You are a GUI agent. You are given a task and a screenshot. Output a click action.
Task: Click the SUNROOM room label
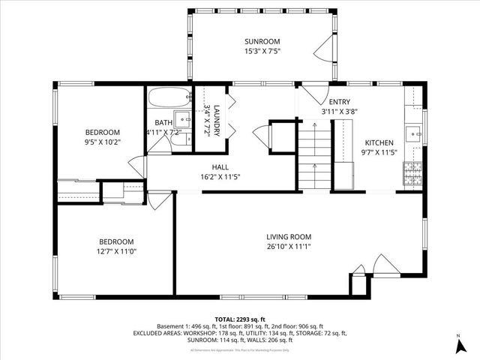click(262, 40)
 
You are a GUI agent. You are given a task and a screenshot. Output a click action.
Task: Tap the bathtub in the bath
click(169, 98)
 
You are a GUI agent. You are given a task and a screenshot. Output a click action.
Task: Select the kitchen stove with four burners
click(412, 174)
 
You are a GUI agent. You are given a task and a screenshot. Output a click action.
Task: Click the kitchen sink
click(413, 134)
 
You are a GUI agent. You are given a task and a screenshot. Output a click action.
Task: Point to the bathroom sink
click(182, 118)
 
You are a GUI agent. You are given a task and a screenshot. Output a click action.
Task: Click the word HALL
click(220, 167)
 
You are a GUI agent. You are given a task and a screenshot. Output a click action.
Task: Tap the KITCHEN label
click(379, 142)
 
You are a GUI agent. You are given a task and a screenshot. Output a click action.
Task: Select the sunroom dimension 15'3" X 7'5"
click(262, 51)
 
